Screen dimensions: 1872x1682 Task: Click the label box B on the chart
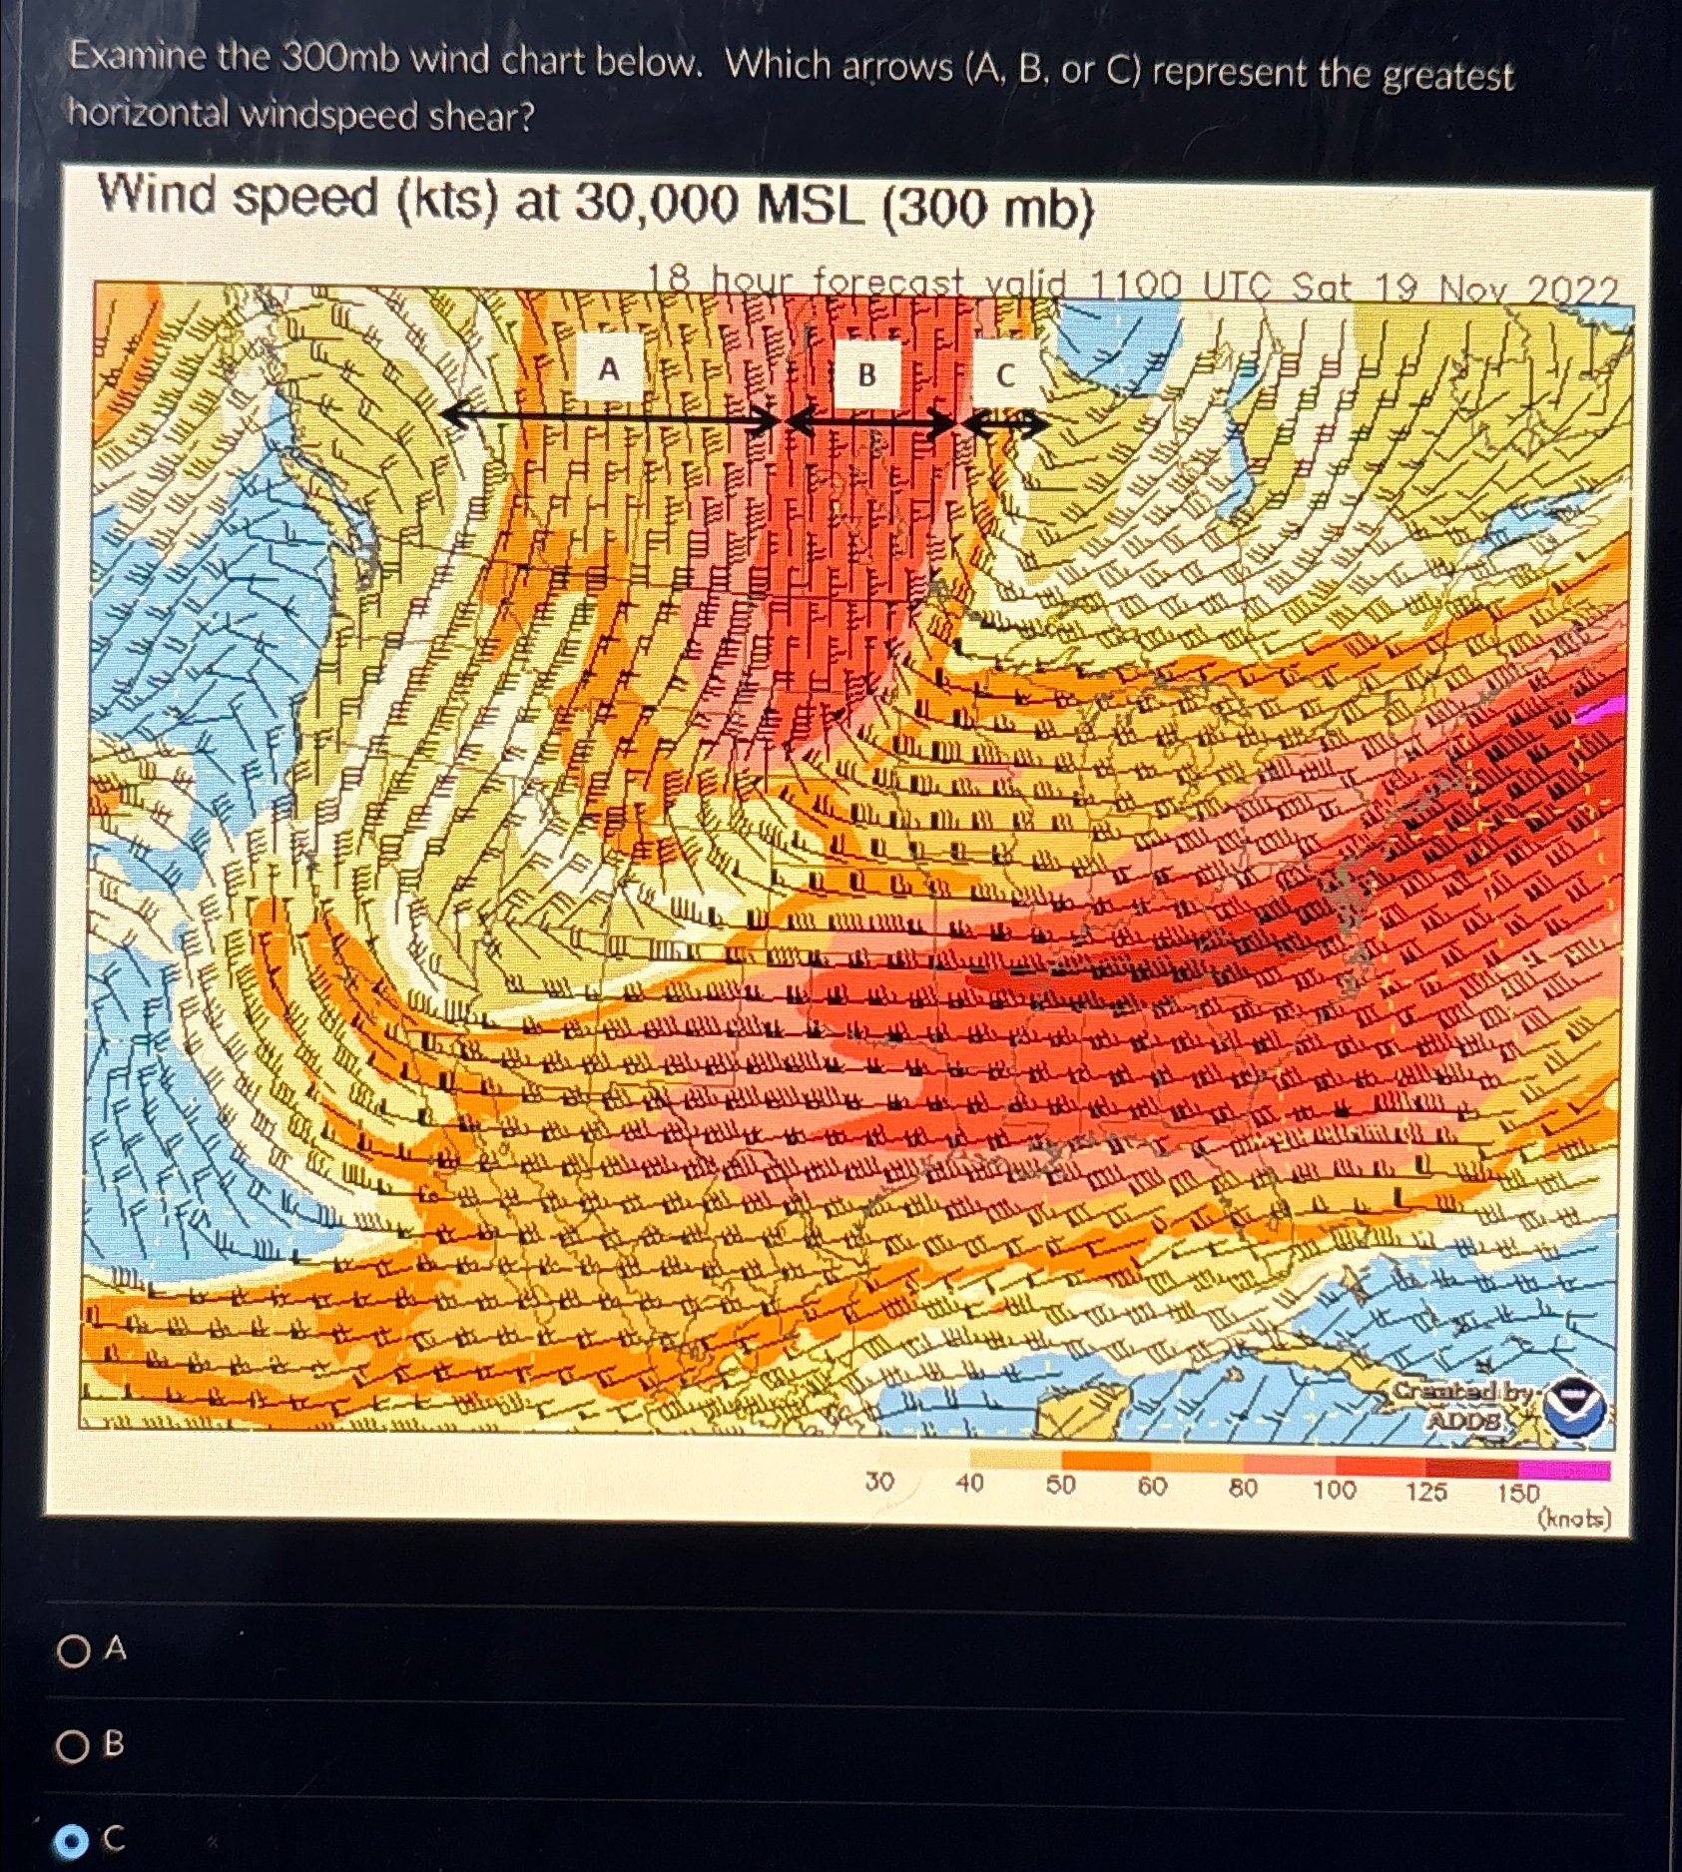[x=866, y=375]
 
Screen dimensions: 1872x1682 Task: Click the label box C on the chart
[x=1005, y=375]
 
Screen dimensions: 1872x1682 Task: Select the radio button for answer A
[x=73, y=1650]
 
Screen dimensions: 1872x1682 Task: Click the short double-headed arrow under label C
[x=1004, y=425]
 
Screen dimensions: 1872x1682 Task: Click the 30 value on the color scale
[x=879, y=1484]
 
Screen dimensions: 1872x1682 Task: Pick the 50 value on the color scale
[x=1060, y=1486]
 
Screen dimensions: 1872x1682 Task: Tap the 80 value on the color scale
[x=1242, y=1489]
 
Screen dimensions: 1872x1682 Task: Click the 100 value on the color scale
[x=1334, y=1491]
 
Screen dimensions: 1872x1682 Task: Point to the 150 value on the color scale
[x=1517, y=1494]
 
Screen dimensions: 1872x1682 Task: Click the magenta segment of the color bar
[x=1563, y=1471]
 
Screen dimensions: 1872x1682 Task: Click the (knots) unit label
[x=1575, y=1519]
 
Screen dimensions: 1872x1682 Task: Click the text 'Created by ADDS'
[x=1463, y=1404]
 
